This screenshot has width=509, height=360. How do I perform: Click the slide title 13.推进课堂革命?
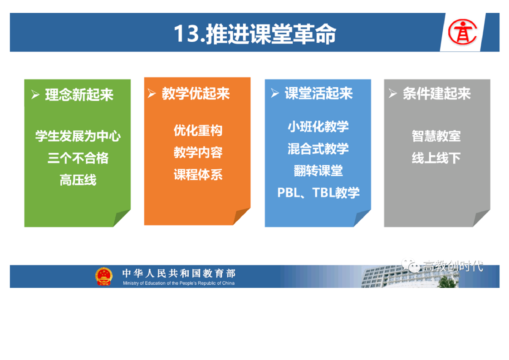click(x=255, y=34)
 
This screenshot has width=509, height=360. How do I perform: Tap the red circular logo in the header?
click(x=463, y=32)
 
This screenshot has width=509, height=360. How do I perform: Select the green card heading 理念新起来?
click(x=79, y=95)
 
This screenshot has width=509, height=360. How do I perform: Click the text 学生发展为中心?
click(x=78, y=136)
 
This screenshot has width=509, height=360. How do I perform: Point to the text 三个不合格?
click(x=78, y=158)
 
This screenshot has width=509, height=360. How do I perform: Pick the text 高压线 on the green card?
click(x=78, y=180)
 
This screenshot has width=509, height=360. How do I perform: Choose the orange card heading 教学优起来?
click(x=196, y=94)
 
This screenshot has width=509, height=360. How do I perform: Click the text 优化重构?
click(x=198, y=131)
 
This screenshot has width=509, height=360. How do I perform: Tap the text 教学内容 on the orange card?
click(x=198, y=153)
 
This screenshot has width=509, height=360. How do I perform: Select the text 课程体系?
click(x=198, y=175)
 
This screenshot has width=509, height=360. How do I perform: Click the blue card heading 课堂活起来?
click(x=319, y=94)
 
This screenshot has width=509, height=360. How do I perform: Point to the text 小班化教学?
click(x=318, y=126)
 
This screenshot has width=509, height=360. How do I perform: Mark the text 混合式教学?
click(x=318, y=149)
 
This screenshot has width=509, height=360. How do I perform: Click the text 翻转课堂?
click(x=318, y=171)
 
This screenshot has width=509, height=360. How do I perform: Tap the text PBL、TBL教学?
click(x=318, y=192)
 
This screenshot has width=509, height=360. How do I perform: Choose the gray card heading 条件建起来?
click(x=437, y=94)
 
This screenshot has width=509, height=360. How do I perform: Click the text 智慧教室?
click(x=436, y=136)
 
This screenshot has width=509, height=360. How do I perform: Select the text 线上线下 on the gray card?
click(x=436, y=158)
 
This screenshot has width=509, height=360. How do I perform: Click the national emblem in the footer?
click(x=104, y=276)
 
